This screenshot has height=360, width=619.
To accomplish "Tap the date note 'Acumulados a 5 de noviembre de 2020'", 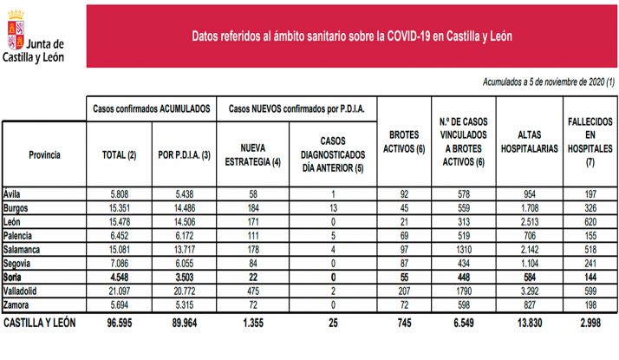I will (x=549, y=82).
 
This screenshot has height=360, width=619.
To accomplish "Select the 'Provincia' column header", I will (x=43, y=154).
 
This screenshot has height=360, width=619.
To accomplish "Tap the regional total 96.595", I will (x=120, y=322).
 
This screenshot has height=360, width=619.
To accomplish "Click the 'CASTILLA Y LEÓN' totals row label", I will (x=40, y=322).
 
